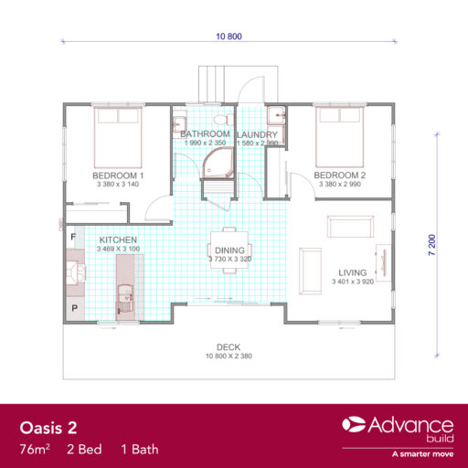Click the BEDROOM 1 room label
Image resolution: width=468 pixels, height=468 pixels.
(x=119, y=175)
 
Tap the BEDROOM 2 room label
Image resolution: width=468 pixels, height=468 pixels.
(x=339, y=175)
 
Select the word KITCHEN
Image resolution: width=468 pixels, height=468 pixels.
(x=118, y=239)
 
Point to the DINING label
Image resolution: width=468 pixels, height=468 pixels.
(x=229, y=250)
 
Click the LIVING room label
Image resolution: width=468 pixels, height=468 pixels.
(x=352, y=272)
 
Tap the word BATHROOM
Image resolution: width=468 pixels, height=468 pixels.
(x=205, y=133)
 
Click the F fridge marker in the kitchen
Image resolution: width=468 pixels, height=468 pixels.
(x=74, y=237)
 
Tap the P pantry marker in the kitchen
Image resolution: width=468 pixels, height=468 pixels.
(x=74, y=309)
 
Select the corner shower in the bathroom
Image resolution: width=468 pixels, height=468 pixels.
(x=216, y=162)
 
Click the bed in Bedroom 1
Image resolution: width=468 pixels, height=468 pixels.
(x=119, y=133)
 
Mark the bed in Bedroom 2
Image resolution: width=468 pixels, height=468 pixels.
(x=339, y=133)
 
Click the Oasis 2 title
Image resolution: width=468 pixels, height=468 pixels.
(x=49, y=428)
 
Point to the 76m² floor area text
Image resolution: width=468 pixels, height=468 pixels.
(x=36, y=450)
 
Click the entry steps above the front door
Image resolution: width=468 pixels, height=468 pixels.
(x=216, y=83)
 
